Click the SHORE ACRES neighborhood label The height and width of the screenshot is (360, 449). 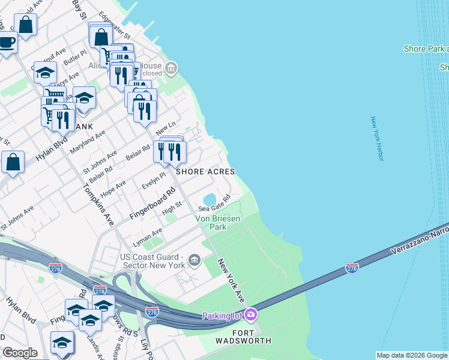pos(205,171)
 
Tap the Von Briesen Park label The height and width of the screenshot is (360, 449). pos(218,223)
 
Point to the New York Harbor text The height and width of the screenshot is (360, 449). pos(376,139)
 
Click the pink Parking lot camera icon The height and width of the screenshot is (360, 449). pos(251,314)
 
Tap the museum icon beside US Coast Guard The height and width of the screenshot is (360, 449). pos(194,260)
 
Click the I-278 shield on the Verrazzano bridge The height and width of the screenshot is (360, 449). pos(352,268)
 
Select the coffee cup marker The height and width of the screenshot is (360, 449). pos(7,42)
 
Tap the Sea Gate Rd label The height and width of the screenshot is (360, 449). pos(219,203)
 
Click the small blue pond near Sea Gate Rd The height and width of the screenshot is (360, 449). pos(209,199)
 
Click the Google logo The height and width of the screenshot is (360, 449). pos(20,353)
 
